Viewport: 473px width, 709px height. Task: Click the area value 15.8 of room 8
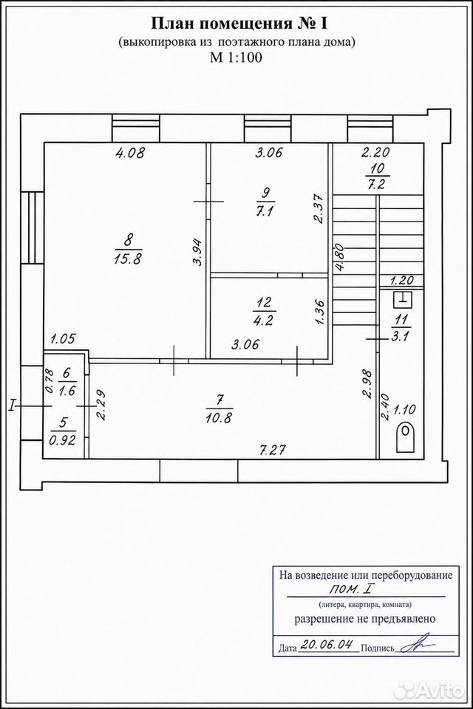click(129, 259)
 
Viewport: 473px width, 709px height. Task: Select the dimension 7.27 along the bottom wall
click(273, 451)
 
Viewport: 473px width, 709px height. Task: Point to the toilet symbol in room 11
click(406, 438)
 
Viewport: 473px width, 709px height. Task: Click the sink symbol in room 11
click(402, 298)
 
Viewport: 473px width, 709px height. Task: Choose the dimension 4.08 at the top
click(130, 153)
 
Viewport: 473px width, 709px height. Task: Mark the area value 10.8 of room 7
click(219, 417)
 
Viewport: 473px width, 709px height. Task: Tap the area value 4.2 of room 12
click(263, 321)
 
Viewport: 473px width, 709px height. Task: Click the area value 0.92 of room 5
click(62, 440)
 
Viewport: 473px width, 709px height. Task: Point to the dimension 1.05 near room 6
click(63, 339)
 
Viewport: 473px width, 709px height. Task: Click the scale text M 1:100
click(236, 58)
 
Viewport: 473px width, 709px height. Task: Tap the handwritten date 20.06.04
click(328, 645)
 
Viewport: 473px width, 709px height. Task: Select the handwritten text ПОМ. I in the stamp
click(352, 590)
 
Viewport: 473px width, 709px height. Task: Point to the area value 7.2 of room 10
click(375, 185)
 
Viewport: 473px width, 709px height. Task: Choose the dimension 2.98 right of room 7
click(368, 384)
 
